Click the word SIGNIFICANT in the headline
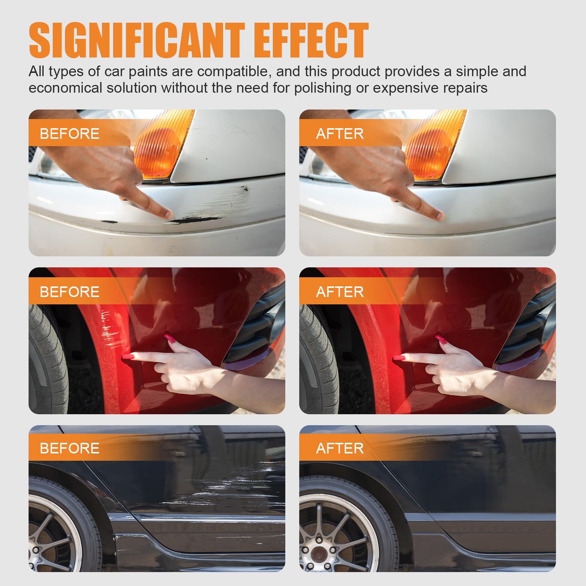click(x=136, y=40)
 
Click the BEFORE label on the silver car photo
click(x=70, y=134)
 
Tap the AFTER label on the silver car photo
click(x=340, y=134)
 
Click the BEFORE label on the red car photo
click(x=70, y=292)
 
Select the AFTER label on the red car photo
click(x=340, y=292)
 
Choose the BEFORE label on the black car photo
click(x=70, y=448)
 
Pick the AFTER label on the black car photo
click(x=340, y=448)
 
